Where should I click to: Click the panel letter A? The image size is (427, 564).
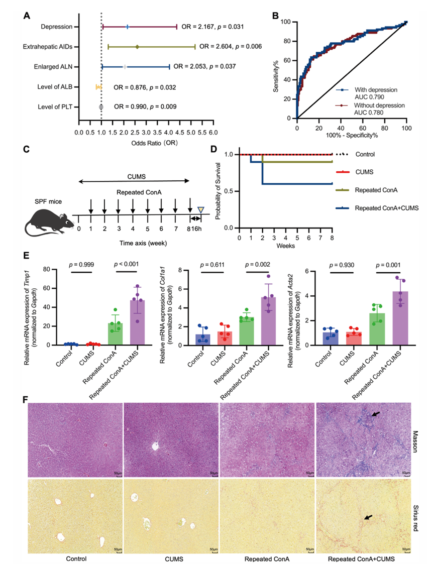[x=26, y=16]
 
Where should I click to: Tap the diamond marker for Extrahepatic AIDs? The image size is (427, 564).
[x=137, y=47]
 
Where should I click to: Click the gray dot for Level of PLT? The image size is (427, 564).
[x=101, y=107]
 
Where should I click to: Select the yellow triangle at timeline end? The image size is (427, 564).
[x=201, y=210]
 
